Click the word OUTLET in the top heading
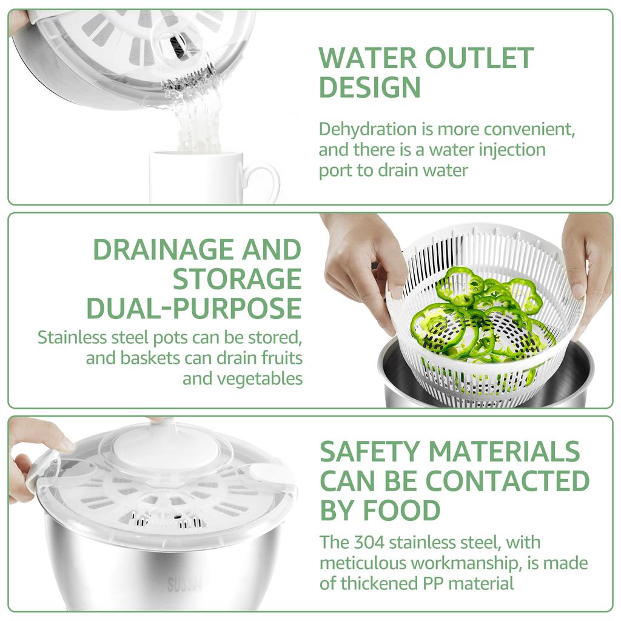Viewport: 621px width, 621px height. click(x=479, y=58)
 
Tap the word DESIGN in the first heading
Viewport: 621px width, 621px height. click(x=369, y=87)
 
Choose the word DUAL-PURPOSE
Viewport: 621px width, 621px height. click(x=193, y=308)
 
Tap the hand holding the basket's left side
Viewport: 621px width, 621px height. click(x=364, y=261)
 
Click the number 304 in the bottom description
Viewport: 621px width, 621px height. click(x=371, y=542)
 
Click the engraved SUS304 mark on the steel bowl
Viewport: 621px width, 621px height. click(x=184, y=585)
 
